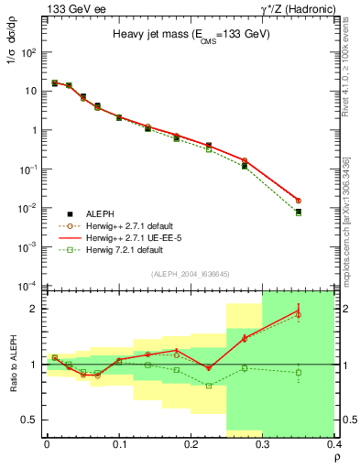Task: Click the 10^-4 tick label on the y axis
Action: point(27,285)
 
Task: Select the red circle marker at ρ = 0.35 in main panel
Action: point(324,201)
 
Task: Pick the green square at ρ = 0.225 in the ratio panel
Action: point(209,386)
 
